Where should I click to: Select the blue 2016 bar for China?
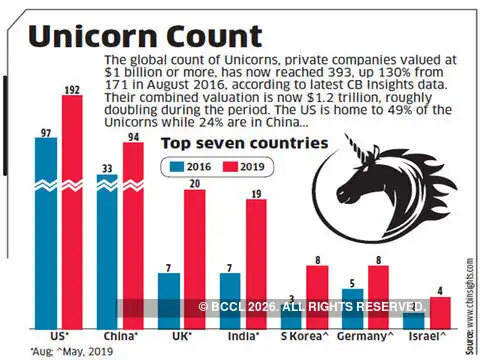click(x=108, y=250)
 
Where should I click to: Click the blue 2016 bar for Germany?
click(x=351, y=305)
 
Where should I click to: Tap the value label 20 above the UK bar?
click(x=194, y=182)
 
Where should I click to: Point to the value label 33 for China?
click(x=106, y=167)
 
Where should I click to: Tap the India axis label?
click(x=243, y=338)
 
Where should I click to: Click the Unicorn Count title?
click(x=135, y=34)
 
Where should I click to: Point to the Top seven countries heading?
click(x=245, y=144)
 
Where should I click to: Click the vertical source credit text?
click(x=470, y=290)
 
